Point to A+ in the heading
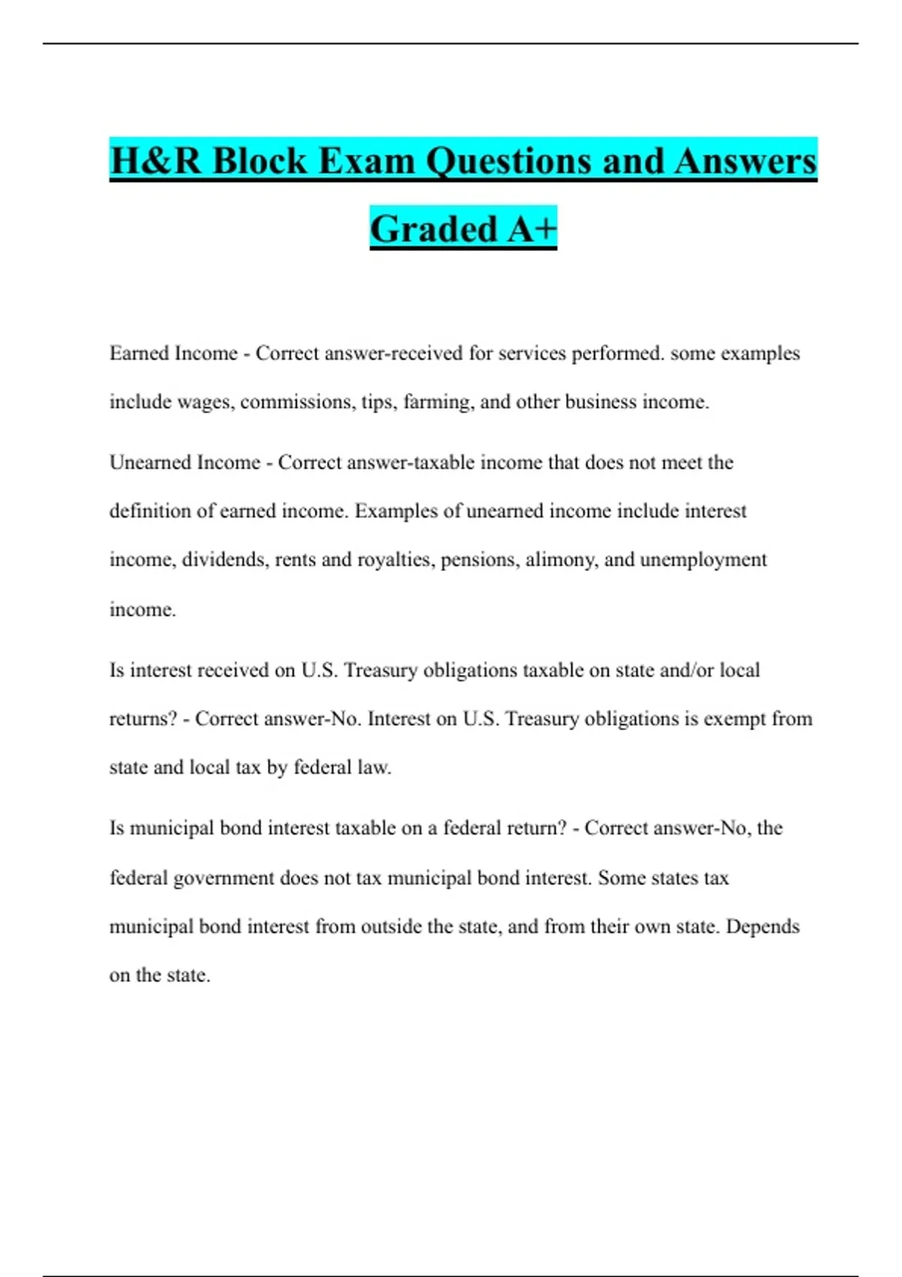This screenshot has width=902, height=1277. [x=531, y=229]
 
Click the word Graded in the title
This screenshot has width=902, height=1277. [x=434, y=229]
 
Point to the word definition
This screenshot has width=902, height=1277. [x=150, y=512]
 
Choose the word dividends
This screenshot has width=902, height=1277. [x=225, y=560]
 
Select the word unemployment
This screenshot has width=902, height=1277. [x=703, y=560]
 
